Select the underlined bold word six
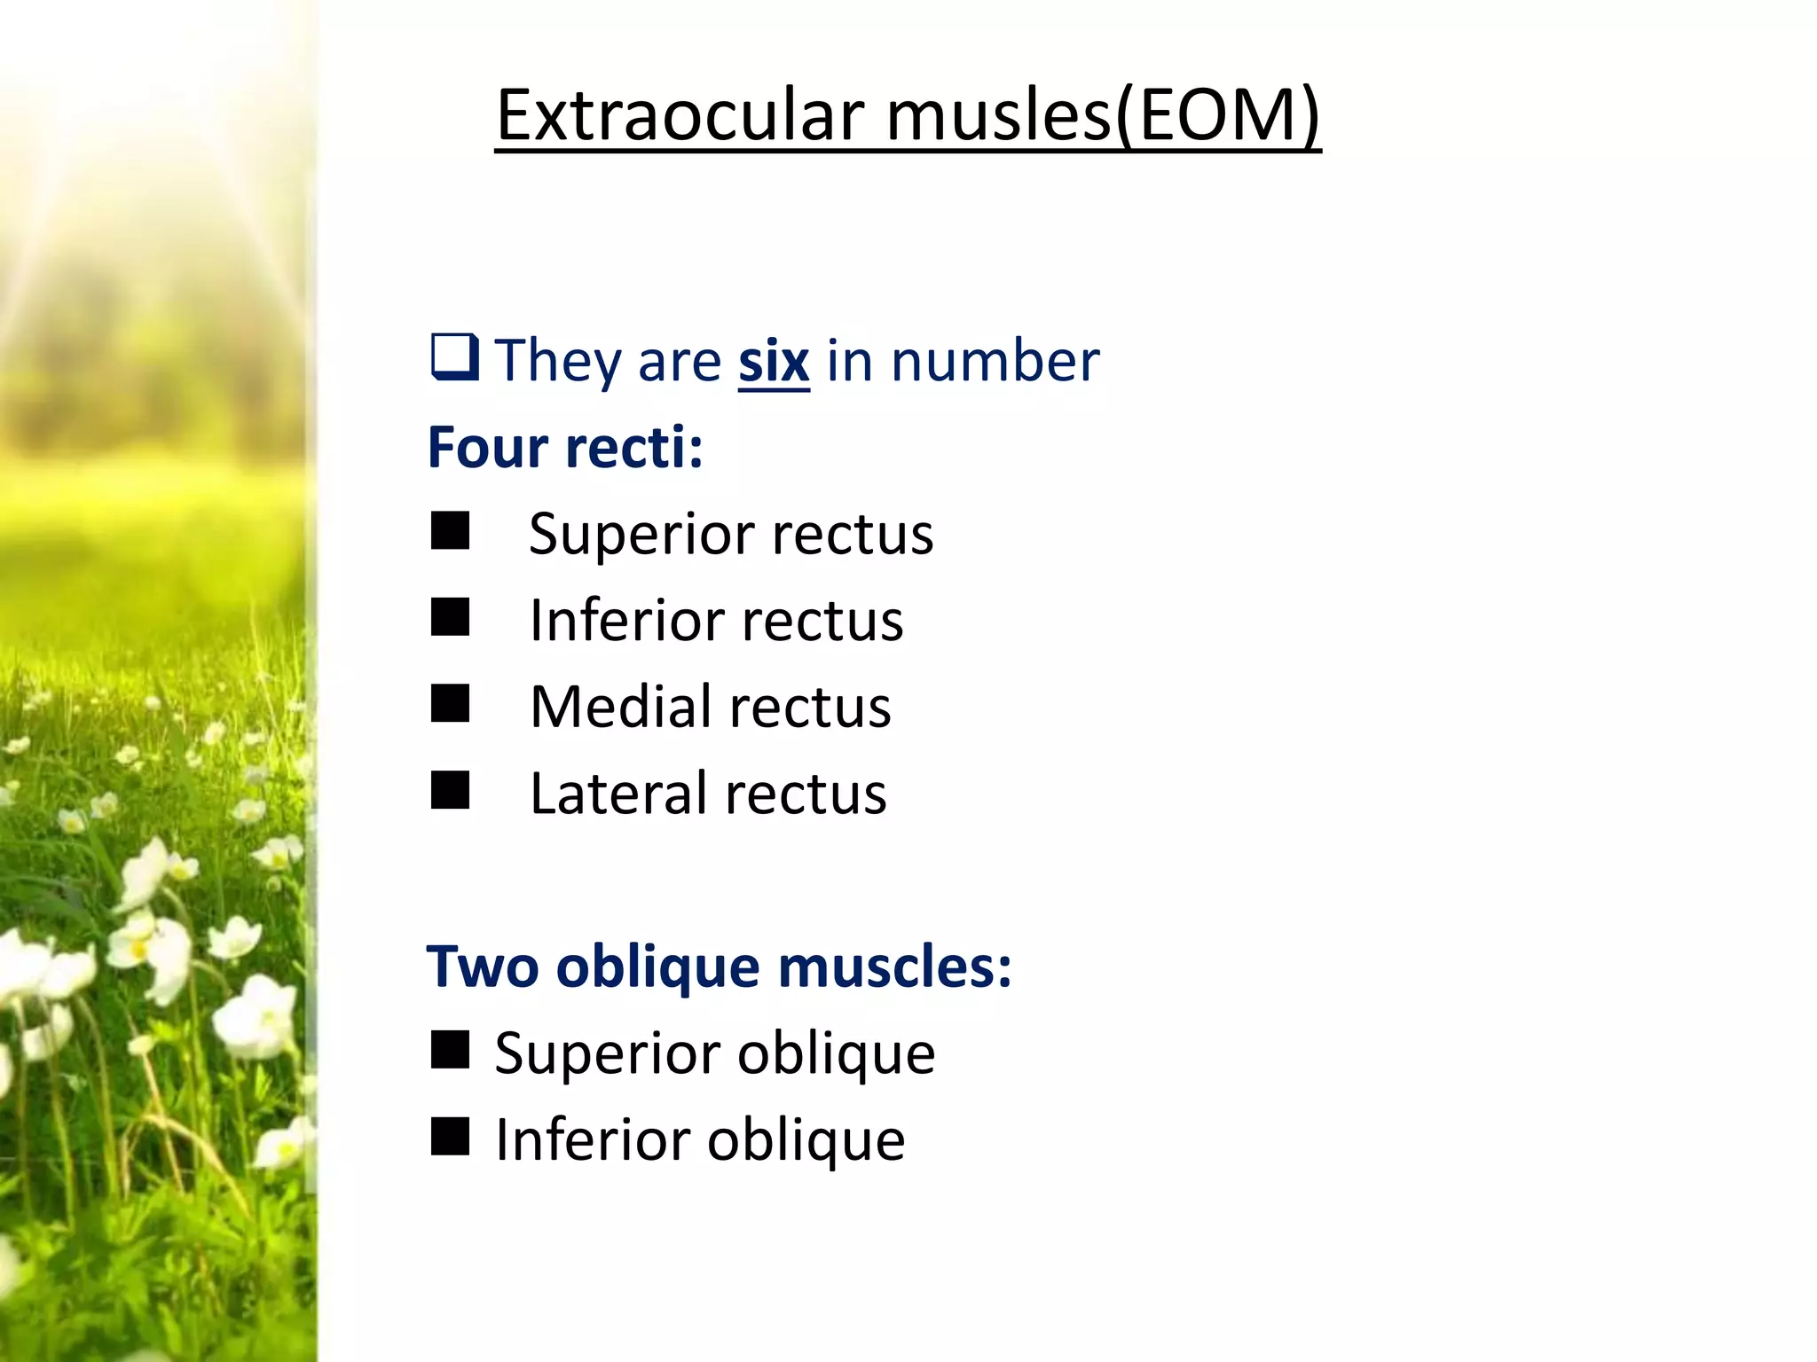point(774,362)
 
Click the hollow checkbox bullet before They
point(455,357)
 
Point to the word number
point(995,362)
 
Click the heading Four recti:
point(565,447)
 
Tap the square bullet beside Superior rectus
point(451,531)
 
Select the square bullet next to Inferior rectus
point(451,617)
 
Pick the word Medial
point(620,708)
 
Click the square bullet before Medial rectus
point(451,704)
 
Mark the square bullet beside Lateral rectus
point(451,790)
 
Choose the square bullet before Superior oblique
point(451,1051)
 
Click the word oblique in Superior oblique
point(836,1055)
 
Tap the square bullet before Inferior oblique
point(451,1137)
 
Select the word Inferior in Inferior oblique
point(592,1140)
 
